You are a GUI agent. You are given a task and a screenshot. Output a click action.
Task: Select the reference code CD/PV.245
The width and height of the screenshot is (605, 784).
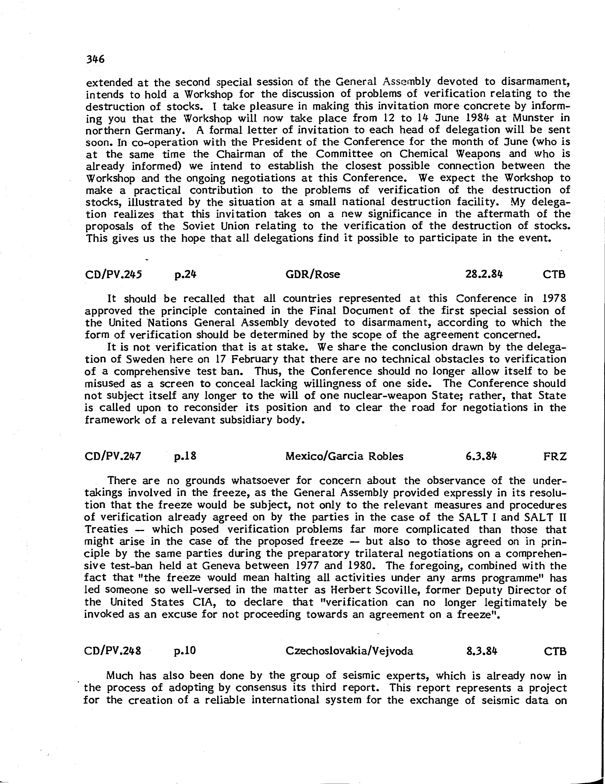113,275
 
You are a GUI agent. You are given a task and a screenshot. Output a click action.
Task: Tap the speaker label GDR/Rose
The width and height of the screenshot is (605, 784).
312,275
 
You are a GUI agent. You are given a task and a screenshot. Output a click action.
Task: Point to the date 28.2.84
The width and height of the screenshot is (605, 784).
484,275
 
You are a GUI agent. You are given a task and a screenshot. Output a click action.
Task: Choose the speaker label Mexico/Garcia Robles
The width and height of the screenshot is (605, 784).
344,456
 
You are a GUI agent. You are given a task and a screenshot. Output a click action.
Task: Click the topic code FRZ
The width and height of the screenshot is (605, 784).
555,456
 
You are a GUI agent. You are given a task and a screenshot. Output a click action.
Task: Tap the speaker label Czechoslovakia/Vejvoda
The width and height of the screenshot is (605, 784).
349,651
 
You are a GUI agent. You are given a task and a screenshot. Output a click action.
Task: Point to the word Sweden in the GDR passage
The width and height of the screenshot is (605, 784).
146,359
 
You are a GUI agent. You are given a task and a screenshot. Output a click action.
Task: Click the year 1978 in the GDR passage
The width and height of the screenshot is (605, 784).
554,299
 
